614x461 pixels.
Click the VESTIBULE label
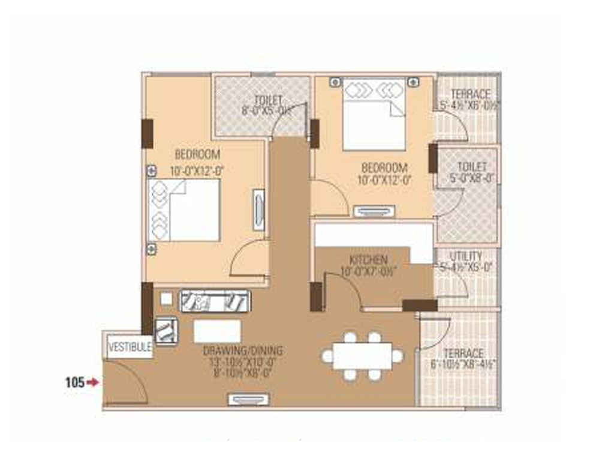[130, 347]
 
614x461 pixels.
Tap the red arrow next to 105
[92, 381]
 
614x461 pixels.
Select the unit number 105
[74, 381]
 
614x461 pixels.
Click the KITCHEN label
[368, 259]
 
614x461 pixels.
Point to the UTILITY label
[466, 256]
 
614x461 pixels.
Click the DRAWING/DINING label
[243, 351]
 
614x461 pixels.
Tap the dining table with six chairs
[363, 356]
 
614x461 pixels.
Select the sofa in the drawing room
[215, 301]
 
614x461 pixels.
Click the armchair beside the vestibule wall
[166, 330]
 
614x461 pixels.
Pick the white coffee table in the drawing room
[217, 331]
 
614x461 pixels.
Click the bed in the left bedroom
[185, 209]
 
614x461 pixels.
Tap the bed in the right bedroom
[374, 114]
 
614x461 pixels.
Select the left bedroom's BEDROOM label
[197, 154]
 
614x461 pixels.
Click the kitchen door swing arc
[344, 288]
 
